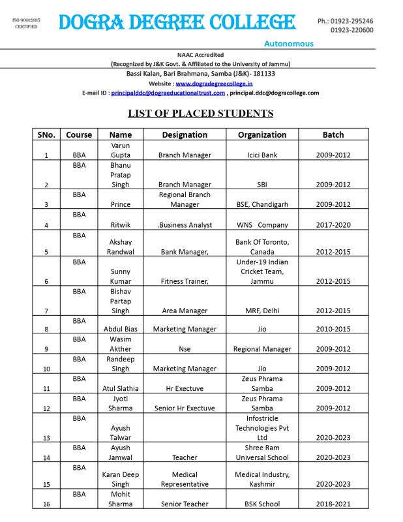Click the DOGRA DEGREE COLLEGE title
(177, 23)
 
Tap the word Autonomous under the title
(289, 44)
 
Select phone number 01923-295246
(355, 21)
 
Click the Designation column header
(185, 134)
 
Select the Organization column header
(262, 134)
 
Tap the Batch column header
(333, 134)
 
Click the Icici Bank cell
(262, 155)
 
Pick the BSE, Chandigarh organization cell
(262, 204)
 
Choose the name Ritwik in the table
(121, 225)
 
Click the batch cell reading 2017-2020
(333, 225)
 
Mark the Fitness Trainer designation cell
(185, 281)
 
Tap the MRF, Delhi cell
(262, 311)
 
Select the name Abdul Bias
(121, 329)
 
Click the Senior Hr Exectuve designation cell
(185, 408)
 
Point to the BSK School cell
(262, 504)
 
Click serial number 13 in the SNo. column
(46, 438)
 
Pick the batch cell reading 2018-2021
(333, 504)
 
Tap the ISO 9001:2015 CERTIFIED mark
(26, 23)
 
